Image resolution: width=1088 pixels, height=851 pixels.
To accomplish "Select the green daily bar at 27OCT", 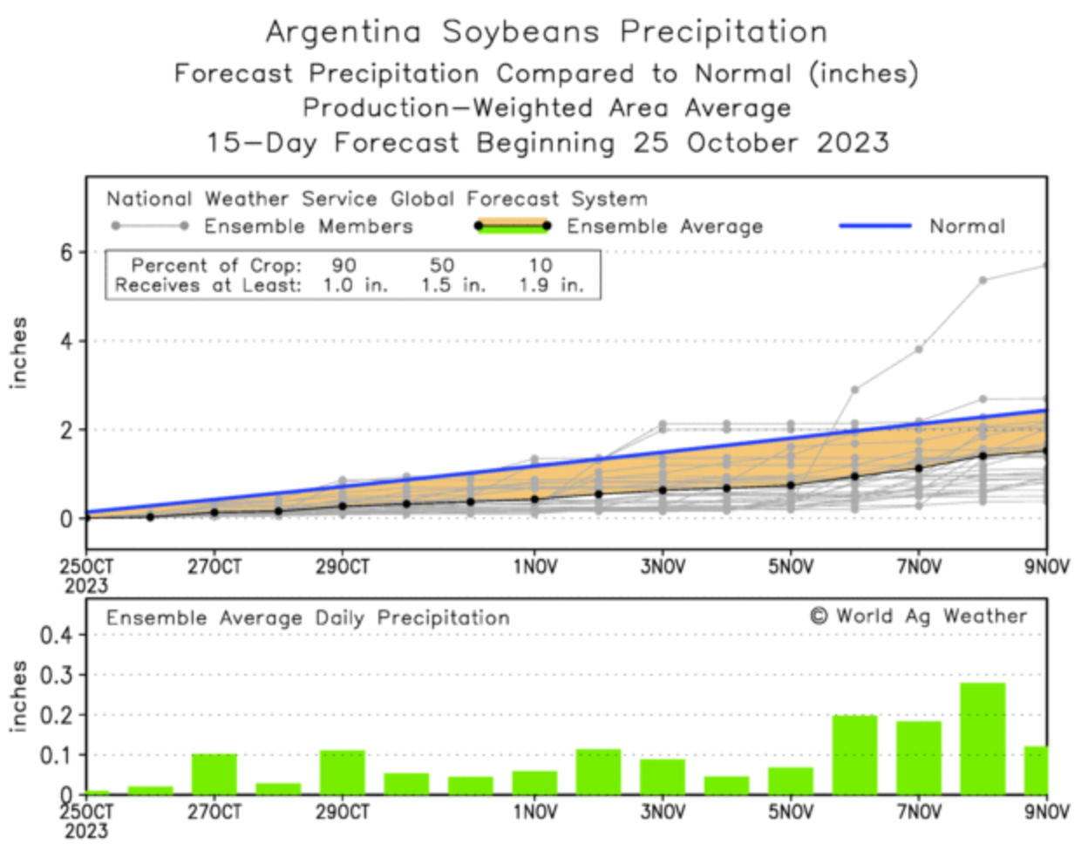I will point(214,773).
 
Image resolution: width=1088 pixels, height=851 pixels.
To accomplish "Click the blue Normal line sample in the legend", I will point(874,226).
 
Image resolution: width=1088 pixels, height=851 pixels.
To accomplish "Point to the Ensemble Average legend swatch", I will point(512,226).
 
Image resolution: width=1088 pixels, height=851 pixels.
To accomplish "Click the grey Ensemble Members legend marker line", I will point(149,227).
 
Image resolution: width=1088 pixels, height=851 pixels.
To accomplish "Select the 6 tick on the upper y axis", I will point(66,252).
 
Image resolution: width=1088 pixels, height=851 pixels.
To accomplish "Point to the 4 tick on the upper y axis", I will point(66,341).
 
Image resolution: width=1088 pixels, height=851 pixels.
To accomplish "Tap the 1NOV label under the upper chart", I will point(534,568).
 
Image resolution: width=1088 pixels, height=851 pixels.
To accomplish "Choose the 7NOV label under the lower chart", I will point(919,813).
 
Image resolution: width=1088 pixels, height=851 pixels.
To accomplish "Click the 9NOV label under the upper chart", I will point(1045,568).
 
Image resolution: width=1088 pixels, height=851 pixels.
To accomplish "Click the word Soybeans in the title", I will point(520,32).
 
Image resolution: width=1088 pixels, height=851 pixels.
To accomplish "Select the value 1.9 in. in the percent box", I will point(551,285).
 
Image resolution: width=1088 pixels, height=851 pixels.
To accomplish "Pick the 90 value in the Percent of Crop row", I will point(344,265).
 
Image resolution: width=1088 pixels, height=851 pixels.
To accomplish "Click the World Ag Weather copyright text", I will point(919,616).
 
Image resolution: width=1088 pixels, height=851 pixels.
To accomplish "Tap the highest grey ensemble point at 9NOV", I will point(1045,265).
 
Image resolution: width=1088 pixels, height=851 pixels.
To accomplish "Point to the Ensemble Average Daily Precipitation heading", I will point(308,618).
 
